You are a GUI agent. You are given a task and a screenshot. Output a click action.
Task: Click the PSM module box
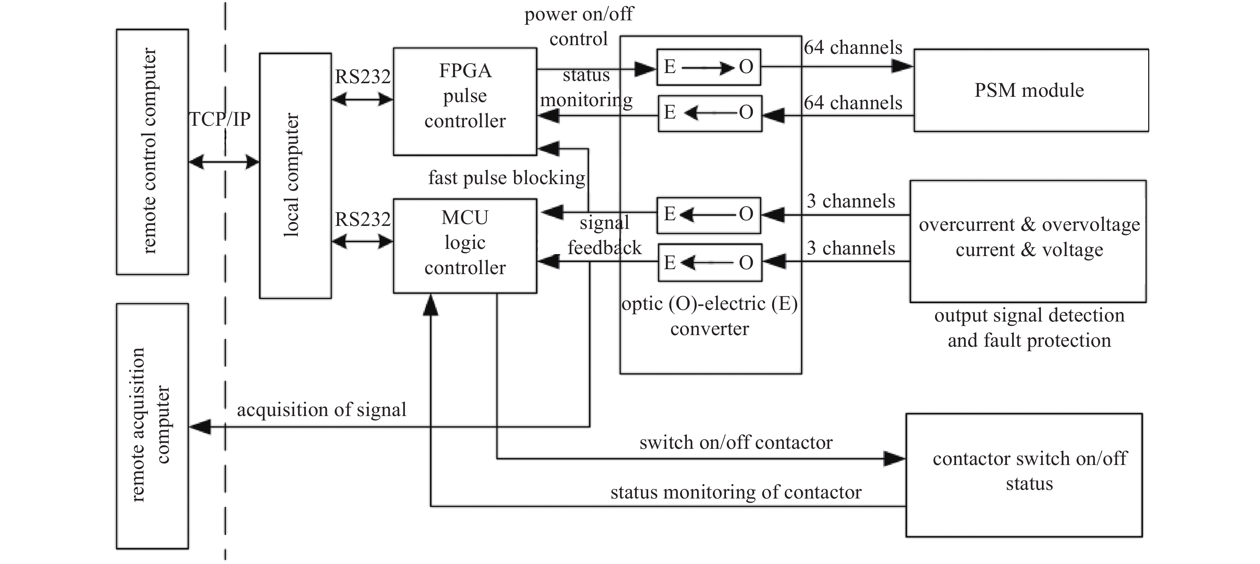point(1031,90)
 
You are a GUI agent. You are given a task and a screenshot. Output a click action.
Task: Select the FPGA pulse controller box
point(465,101)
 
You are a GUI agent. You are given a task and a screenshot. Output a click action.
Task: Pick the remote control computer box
point(152,152)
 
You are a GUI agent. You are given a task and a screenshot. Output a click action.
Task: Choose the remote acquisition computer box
point(152,425)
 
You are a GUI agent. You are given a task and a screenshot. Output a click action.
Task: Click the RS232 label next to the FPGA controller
point(362,76)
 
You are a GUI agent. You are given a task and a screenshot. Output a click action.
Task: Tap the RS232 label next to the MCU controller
point(362,220)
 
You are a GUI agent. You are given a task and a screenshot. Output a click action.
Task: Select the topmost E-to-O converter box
point(708,67)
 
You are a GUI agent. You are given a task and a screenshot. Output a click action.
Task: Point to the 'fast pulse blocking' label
point(507,178)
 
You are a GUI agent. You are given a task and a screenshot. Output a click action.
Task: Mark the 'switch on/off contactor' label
point(736,443)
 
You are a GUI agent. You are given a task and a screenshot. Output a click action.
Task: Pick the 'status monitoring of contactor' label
point(736,492)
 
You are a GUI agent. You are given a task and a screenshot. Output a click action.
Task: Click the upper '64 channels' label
point(853,47)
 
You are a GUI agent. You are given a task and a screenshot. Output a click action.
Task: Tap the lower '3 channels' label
point(851,248)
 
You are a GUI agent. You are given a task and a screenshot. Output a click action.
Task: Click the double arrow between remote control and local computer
point(224,162)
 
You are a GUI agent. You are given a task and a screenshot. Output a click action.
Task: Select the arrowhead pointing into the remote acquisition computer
point(200,427)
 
